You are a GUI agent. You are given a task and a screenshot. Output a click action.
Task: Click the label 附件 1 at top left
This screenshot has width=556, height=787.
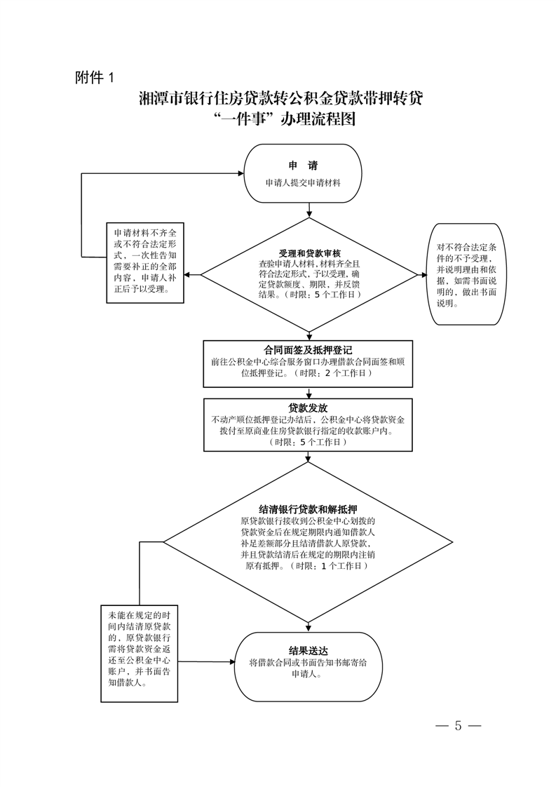pyautogui.click(x=93, y=77)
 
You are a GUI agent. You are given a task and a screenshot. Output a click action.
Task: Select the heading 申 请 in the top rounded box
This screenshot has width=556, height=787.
pyautogui.click(x=303, y=166)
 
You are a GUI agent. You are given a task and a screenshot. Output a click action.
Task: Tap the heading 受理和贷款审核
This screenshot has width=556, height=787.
pyautogui.click(x=309, y=253)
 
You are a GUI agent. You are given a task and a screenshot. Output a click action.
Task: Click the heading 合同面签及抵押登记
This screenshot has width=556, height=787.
pyautogui.click(x=308, y=349)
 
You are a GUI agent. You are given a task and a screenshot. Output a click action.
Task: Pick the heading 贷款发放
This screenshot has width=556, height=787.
pyautogui.click(x=308, y=408)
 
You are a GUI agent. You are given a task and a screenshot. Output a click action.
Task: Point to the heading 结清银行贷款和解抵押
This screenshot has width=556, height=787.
pyautogui.click(x=308, y=509)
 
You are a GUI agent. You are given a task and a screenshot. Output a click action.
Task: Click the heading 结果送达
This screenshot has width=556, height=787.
pyautogui.click(x=308, y=650)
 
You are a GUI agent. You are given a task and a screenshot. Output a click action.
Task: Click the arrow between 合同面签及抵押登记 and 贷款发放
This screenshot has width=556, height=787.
pyautogui.click(x=308, y=393)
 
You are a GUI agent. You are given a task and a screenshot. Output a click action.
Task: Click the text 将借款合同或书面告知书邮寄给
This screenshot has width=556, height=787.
pyautogui.click(x=308, y=662)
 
